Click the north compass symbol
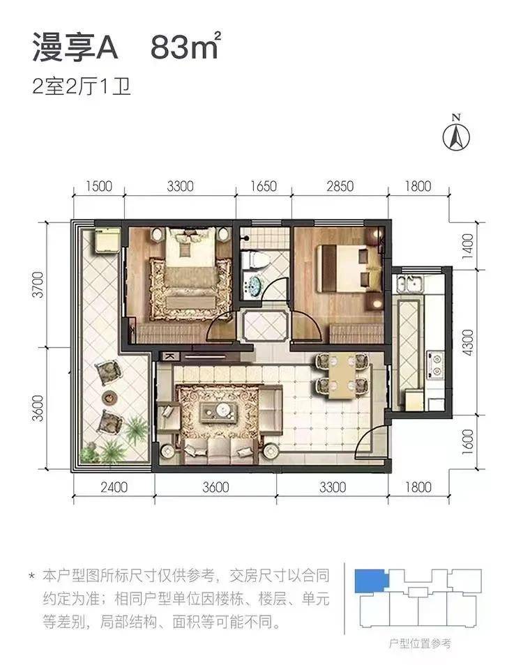click(457, 134)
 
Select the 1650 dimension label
click(263, 186)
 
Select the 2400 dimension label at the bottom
click(114, 487)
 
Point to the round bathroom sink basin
click(255, 286)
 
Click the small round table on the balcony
click(110, 397)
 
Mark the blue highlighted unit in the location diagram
click(370, 579)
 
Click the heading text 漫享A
click(77, 48)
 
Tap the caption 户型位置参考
click(418, 642)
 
